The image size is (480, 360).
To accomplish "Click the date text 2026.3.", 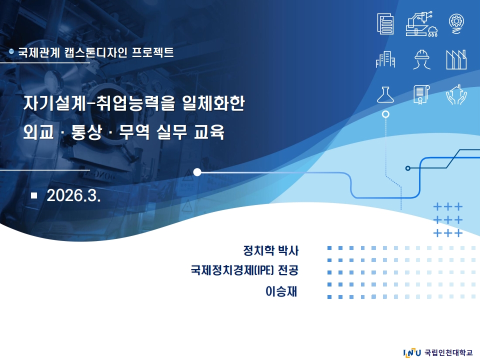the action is point(73,195).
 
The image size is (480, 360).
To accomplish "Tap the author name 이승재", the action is point(281,291).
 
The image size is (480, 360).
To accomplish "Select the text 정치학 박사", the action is point(270,250).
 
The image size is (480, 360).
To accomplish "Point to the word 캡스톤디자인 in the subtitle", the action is point(96,52).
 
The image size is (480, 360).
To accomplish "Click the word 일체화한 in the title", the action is point(213,103).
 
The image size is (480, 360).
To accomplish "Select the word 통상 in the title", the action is point(86,131).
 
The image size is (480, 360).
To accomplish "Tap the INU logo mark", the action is point(412,352).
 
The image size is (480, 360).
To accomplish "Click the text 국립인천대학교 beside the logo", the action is point(448,352).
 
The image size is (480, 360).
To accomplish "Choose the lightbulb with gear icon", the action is point(456,23).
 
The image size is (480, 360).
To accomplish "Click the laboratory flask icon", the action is point(385,94).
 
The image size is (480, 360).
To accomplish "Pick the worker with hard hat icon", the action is point(421,59).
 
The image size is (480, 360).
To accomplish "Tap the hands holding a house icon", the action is point(456,94).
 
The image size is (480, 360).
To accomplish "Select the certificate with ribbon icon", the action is point(421,94).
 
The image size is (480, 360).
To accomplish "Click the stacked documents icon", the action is point(385,23).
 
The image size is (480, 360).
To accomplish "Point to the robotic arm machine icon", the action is point(421,24).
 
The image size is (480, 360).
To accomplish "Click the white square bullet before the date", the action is point(34,195).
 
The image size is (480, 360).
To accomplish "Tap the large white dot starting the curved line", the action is point(197,172).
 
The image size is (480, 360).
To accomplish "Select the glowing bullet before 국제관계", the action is point(11,51).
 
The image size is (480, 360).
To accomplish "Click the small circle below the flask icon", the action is point(385,114).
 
